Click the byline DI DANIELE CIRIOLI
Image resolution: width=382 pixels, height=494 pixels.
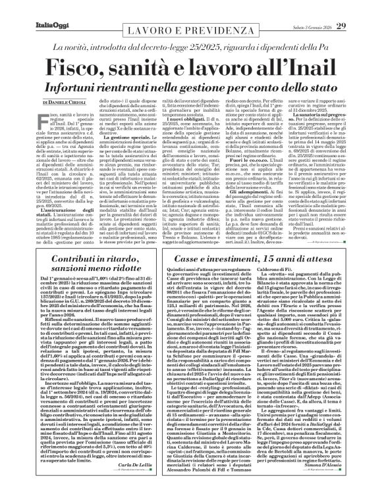[68, 104]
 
